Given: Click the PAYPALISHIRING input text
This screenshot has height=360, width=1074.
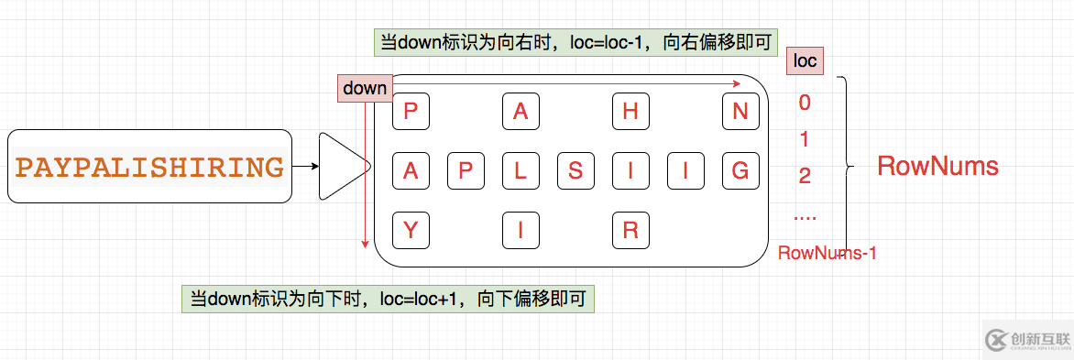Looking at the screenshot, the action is (149, 168).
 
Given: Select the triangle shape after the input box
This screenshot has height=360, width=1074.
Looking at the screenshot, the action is (342, 167).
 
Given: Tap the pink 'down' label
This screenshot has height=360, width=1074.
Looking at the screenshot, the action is (365, 89).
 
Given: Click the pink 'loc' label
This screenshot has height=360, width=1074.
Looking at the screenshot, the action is (805, 62).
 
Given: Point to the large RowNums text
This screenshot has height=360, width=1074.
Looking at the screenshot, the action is (937, 167).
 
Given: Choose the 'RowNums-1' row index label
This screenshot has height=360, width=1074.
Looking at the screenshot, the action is (827, 253).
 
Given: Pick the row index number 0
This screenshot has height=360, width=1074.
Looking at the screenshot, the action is (805, 103).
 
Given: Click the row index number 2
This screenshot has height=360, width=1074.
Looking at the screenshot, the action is (805, 176).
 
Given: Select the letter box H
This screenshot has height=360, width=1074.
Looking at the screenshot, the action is (630, 112).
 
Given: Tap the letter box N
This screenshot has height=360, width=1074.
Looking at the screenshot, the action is (740, 112).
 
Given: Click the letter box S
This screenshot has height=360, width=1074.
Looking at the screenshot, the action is (575, 169).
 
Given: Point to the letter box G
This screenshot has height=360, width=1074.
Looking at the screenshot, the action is (740, 169).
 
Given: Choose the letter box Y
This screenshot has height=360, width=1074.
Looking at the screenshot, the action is (411, 230).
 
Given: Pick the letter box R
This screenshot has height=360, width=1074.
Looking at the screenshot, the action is (630, 230).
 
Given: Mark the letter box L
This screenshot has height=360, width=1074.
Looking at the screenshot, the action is (521, 169).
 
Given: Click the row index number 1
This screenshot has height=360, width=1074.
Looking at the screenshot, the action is (805, 140).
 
